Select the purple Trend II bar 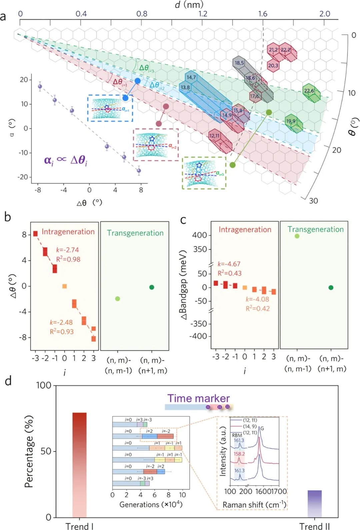[314, 503]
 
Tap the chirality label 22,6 [309, 91]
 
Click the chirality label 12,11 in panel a [214, 136]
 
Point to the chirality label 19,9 [291, 121]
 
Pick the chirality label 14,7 [191, 78]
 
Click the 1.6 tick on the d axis [263, 14]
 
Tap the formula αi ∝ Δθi [65, 160]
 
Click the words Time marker [198, 398]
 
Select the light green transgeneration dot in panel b [117, 298]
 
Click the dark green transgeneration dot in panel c [331, 287]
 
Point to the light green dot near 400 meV [297, 236]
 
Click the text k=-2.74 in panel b [67, 250]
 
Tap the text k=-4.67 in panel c [229, 264]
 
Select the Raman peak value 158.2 [239, 454]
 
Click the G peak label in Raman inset [262, 428]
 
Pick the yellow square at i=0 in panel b [65, 286]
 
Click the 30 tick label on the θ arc [313, 201]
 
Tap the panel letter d [8, 380]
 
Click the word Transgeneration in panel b [135, 233]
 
